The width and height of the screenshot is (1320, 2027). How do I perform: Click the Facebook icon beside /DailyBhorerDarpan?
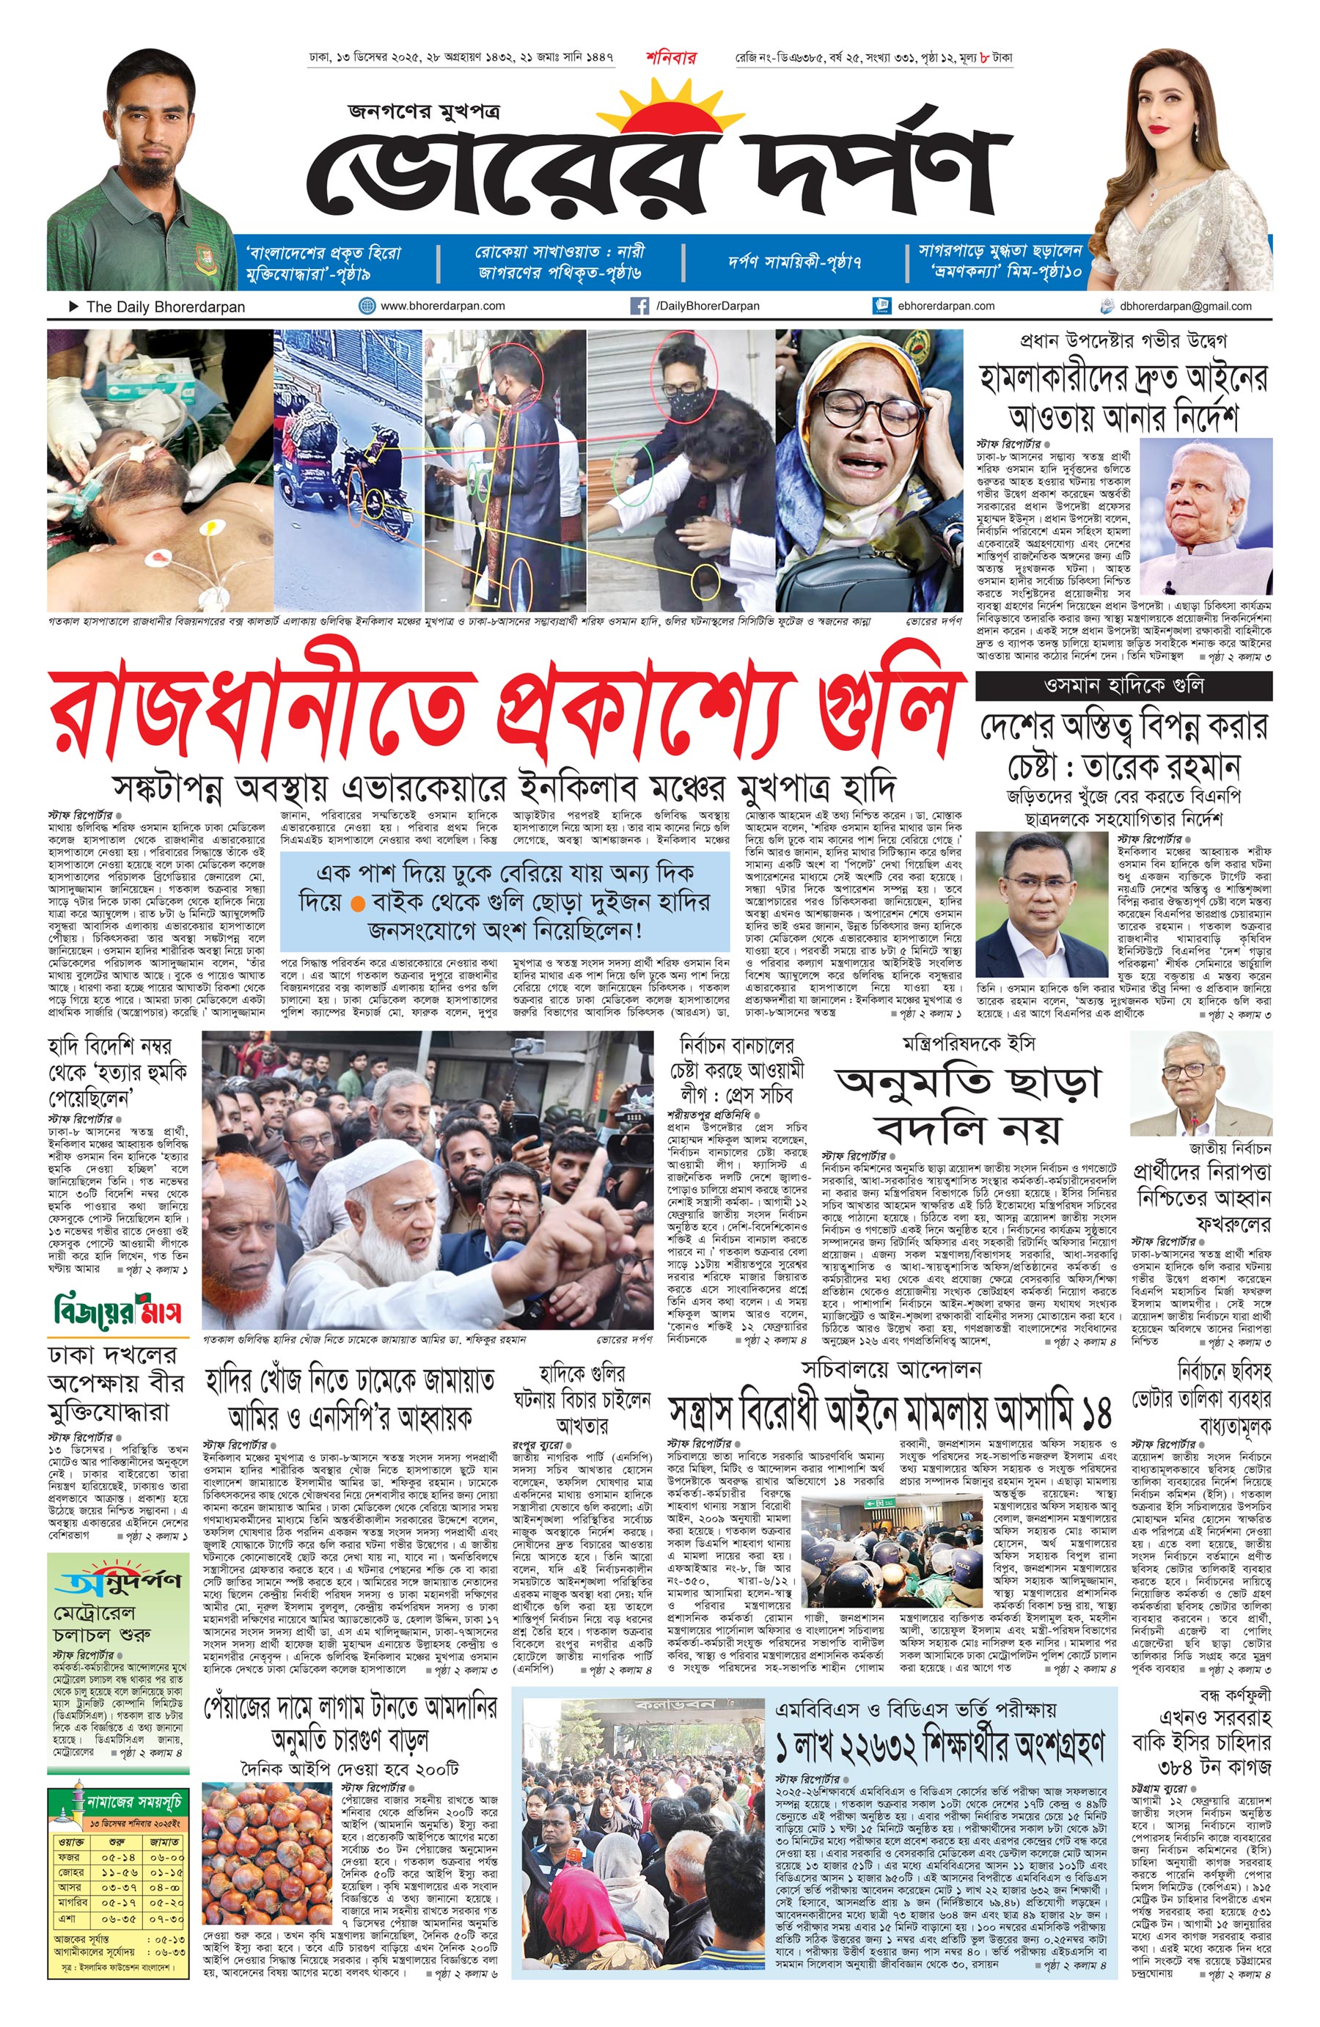639,306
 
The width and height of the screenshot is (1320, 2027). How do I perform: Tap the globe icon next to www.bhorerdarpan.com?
367,306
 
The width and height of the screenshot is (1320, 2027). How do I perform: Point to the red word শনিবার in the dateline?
670,58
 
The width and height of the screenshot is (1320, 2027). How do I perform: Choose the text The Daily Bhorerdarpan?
165,307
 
